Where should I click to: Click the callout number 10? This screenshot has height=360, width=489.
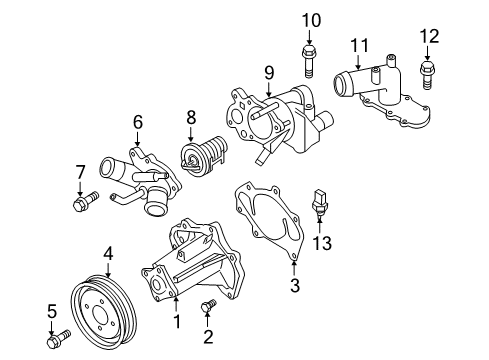pyautogui.click(x=311, y=20)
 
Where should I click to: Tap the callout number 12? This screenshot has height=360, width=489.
pyautogui.click(x=429, y=36)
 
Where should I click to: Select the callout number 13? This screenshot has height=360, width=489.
pyautogui.click(x=322, y=243)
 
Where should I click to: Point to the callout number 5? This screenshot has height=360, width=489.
pyautogui.click(x=52, y=311)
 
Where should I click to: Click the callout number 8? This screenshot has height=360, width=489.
pyautogui.click(x=191, y=117)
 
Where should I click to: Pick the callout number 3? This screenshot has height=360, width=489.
pyautogui.click(x=295, y=285)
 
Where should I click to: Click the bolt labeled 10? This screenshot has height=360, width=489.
pyautogui.click(x=308, y=63)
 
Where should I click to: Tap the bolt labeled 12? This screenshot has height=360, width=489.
pyautogui.click(x=426, y=75)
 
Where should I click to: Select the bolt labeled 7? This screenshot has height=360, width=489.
pyautogui.click(x=86, y=201)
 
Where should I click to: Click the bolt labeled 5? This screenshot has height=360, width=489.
pyautogui.click(x=59, y=339)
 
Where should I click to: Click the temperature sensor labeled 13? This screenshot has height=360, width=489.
pyautogui.click(x=320, y=202)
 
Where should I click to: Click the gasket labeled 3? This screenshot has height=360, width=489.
pyautogui.click(x=269, y=220)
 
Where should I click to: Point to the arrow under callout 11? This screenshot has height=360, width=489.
pyautogui.click(x=358, y=62)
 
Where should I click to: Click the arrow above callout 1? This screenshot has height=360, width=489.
pyautogui.click(x=176, y=307)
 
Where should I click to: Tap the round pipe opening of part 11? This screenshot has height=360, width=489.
pyautogui.click(x=340, y=85)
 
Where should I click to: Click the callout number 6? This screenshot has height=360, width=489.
pyautogui.click(x=138, y=122)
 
